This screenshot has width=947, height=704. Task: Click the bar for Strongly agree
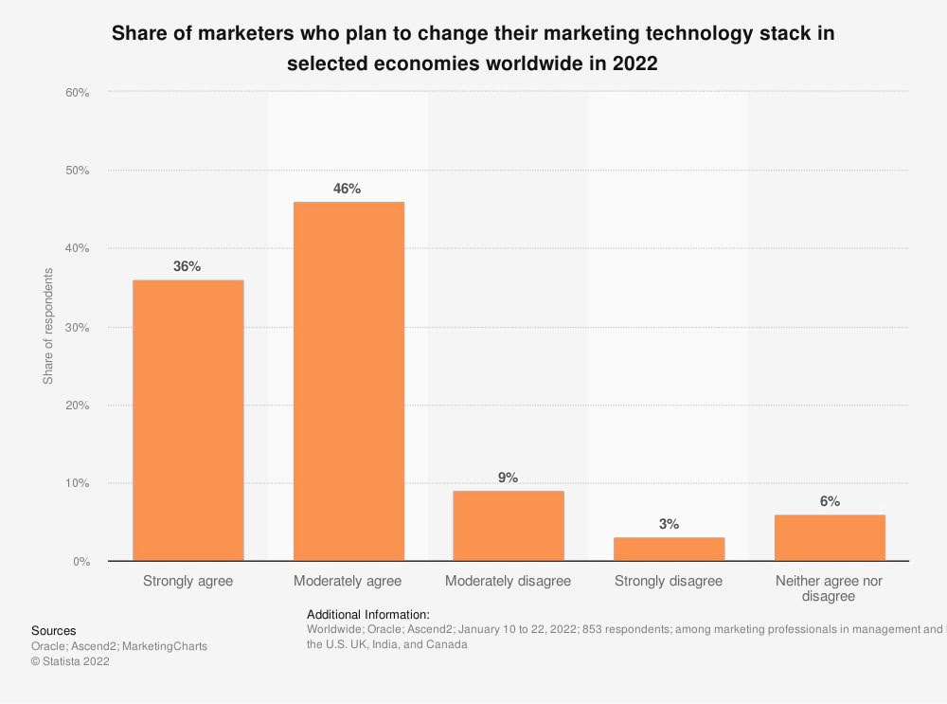pos(188,420)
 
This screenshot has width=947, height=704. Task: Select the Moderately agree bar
pos(348,381)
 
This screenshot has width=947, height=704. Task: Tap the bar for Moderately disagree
pos(509,525)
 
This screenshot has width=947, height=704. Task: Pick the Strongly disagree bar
pos(669,549)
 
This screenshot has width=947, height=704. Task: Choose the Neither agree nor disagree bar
pos(830,537)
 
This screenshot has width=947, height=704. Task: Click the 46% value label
pos(348,189)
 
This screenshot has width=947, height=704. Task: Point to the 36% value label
pos(187,266)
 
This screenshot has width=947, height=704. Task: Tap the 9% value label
pos(509,478)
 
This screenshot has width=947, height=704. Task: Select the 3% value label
pos(669,524)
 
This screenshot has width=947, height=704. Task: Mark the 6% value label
pos(830,501)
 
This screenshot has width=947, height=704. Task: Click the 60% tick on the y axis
pos(78,93)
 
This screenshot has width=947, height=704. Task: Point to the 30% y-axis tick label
pos(78,328)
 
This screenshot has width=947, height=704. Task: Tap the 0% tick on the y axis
pos(80,562)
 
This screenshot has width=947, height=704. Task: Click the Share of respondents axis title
pos(48,326)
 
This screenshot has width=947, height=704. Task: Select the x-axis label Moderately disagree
pos(509,581)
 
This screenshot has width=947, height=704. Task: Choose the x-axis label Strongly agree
pos(188,581)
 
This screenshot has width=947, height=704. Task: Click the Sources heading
pos(54,630)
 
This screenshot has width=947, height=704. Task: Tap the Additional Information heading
pos(368,614)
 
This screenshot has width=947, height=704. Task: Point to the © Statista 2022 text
pos(70,662)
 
